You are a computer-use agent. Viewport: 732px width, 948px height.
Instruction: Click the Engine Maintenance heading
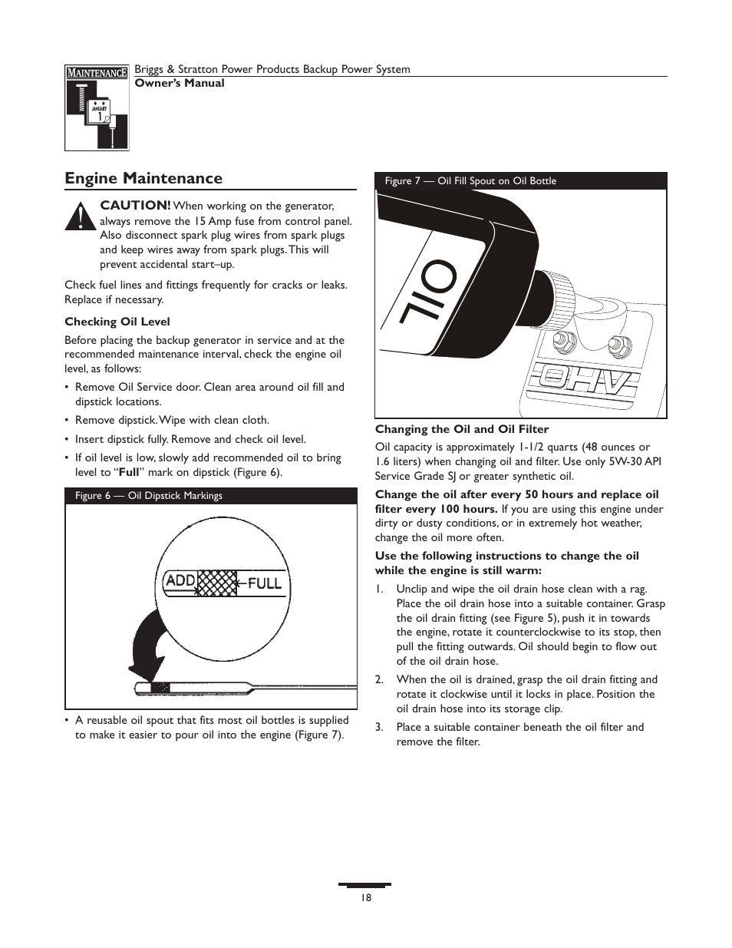(143, 179)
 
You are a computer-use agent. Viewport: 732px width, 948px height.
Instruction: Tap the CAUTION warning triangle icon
(77, 216)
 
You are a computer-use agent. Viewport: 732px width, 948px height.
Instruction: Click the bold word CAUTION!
(136, 206)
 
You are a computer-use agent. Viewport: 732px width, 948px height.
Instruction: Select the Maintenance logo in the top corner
(97, 107)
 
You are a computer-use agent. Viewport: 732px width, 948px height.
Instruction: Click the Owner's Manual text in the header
(180, 83)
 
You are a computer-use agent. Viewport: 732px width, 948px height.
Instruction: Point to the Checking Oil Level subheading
(117, 322)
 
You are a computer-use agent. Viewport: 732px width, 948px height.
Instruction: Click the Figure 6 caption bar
(211, 496)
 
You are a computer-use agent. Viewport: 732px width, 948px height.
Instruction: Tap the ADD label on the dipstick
(180, 581)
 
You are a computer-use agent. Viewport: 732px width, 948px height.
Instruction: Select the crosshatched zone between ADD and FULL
(216, 583)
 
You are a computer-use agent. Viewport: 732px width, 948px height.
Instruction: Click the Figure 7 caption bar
(520, 181)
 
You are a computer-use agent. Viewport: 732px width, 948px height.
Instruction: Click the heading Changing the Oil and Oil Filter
(462, 429)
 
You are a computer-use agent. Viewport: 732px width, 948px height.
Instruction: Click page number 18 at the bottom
(366, 897)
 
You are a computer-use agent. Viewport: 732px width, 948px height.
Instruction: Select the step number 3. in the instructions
(379, 727)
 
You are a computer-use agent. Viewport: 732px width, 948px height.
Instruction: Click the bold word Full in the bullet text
(128, 473)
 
